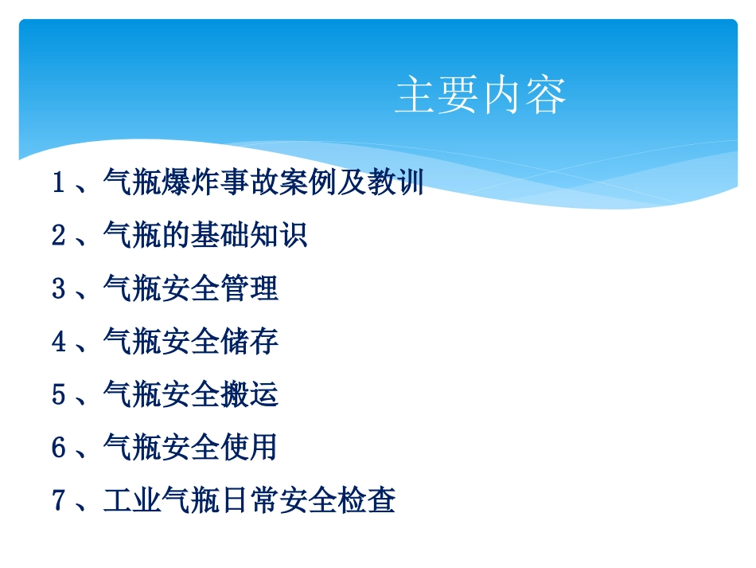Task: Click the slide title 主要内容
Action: [x=481, y=96]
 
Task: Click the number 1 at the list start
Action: [x=58, y=183]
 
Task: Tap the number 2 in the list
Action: [x=58, y=236]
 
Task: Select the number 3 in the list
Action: [x=58, y=288]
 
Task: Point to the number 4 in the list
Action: [x=58, y=342]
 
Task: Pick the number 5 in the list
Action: [x=58, y=394]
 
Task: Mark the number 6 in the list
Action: [x=58, y=448]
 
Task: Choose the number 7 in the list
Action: [x=58, y=500]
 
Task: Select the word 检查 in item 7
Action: [x=366, y=500]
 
